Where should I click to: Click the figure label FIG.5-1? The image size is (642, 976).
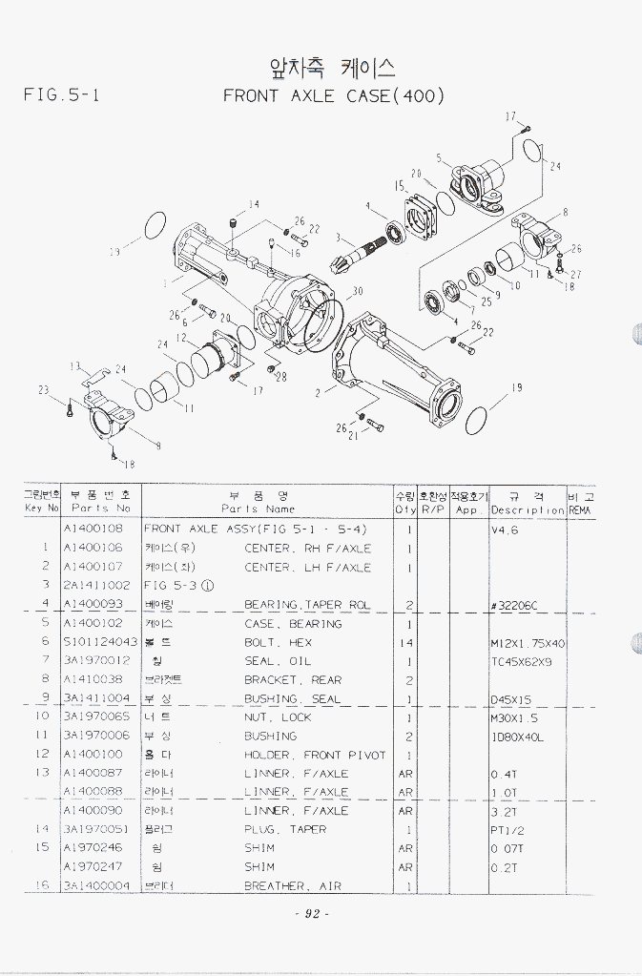[x=61, y=95]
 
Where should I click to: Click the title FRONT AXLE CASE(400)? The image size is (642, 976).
[x=334, y=95]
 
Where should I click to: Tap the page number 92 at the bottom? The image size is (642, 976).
[x=312, y=914]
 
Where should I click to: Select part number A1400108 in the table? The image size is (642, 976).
[x=93, y=529]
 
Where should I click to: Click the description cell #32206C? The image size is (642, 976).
[x=514, y=604]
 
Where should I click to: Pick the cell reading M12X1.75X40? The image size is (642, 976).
[x=528, y=642]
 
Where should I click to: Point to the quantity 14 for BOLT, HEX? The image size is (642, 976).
[x=408, y=642]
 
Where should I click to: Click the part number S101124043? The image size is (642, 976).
[x=99, y=642]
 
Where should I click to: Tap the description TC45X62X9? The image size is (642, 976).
[x=522, y=660]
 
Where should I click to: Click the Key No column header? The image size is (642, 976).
[x=42, y=509]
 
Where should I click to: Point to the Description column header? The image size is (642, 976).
[x=528, y=509]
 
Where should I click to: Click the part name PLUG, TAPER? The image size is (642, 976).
[x=285, y=829]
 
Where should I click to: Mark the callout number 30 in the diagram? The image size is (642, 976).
[x=357, y=291]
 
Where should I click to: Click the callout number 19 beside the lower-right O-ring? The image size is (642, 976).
[x=517, y=387]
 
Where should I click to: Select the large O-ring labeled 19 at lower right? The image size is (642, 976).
[x=487, y=416]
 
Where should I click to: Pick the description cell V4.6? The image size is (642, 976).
[x=504, y=530]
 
